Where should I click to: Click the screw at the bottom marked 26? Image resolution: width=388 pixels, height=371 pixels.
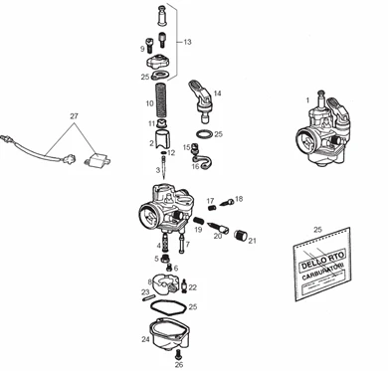pyautogui.click(x=180, y=354)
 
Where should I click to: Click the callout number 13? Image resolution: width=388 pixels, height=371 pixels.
pyautogui.click(x=186, y=43)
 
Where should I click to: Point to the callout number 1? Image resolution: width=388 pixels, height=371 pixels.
pyautogui.click(x=307, y=99)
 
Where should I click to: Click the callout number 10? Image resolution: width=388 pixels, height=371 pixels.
pyautogui.click(x=149, y=101)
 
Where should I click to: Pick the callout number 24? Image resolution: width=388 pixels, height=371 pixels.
pyautogui.click(x=145, y=339)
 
